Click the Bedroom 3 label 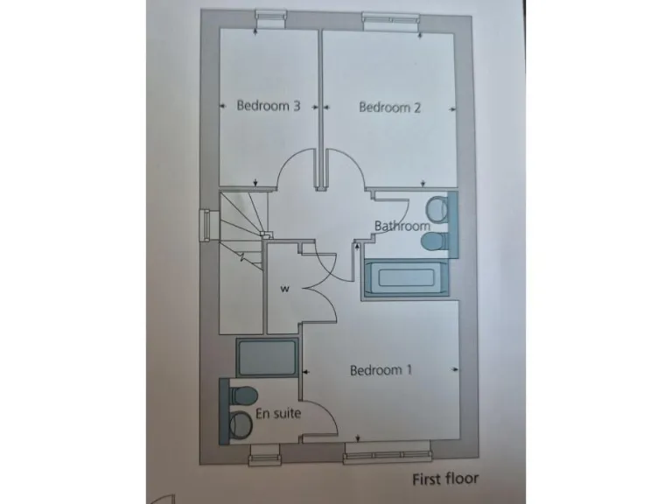[269, 107]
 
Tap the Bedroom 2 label [390, 108]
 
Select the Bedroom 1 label [381, 370]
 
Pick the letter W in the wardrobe [284, 287]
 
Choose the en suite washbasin [238, 424]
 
